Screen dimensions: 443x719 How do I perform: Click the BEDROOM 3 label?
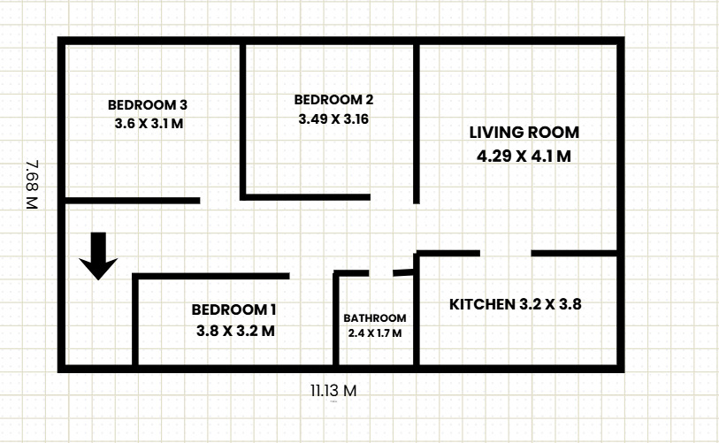coord(148,104)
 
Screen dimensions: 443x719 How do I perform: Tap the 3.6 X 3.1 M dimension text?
coord(149,124)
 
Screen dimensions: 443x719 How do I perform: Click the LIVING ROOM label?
coord(524,133)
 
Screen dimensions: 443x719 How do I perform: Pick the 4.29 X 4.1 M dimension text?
coord(524,157)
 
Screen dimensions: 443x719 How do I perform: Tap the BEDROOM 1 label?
coord(234,309)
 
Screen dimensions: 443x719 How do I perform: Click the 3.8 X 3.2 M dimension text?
coord(235,331)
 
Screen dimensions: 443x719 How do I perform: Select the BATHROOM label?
coord(375,318)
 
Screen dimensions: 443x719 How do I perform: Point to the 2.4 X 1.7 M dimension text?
coord(375,333)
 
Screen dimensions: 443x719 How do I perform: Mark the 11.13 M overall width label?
coord(333,390)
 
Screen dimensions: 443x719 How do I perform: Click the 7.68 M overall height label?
coord(33,184)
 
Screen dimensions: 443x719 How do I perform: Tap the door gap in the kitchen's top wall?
coord(505,254)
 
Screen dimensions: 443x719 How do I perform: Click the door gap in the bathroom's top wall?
coord(381,273)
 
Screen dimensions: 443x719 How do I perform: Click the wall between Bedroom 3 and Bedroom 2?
coord(242,119)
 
